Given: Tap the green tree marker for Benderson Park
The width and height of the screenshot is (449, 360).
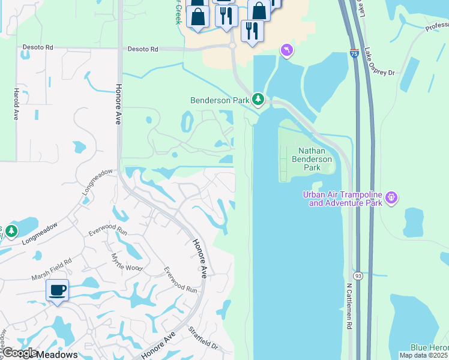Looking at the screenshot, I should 258,99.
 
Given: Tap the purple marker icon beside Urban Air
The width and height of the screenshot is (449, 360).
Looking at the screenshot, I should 392,197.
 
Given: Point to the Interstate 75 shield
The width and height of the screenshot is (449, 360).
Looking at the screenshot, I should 354,53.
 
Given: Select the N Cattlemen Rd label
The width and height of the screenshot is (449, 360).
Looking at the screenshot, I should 349,306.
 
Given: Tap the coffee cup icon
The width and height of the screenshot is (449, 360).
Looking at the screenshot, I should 58,291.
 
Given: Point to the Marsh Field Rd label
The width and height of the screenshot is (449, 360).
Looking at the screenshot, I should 51,270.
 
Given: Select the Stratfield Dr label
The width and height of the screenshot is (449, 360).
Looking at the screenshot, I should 203,338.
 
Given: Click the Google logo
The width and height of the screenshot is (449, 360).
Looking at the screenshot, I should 19,353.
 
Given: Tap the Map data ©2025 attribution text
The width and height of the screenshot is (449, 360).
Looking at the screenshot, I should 424,355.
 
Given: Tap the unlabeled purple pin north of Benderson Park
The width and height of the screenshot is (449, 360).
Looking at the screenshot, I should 287,50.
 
